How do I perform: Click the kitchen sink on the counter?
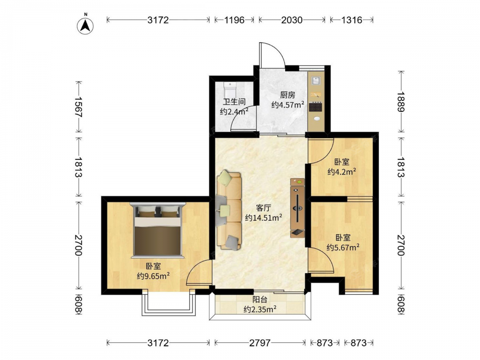[316, 81]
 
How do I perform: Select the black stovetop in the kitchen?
[316, 107]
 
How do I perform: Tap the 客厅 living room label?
[263, 208]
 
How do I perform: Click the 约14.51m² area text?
[263, 217]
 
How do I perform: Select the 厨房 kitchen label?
[288, 95]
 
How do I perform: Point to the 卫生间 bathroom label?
[234, 102]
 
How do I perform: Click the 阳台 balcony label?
[260, 300]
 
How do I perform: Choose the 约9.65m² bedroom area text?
[154, 276]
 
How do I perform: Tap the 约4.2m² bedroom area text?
[342, 171]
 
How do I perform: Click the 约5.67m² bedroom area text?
[343, 247]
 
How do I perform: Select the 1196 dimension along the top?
[235, 20]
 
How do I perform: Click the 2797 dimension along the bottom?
[260, 343]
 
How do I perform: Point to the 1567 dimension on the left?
[79, 107]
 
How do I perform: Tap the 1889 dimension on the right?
[401, 102]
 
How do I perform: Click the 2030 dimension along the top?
[292, 20]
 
